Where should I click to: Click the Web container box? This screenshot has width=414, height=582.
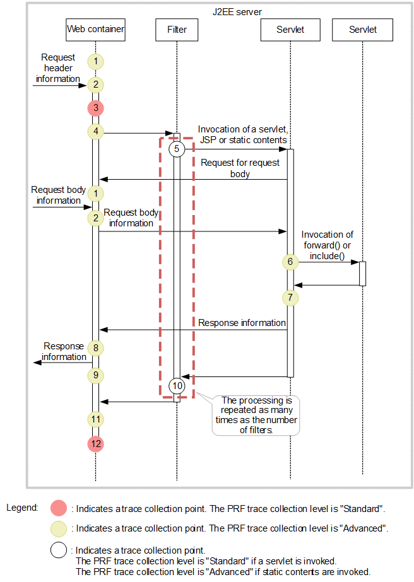coord(95,29)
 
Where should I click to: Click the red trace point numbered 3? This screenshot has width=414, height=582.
coord(95,108)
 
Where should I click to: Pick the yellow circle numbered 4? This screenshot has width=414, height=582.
coord(95,132)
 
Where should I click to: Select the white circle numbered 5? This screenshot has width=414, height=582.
coord(177,149)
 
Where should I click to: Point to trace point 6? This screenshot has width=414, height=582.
coord(290,262)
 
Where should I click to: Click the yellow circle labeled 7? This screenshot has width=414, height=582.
coord(290,296)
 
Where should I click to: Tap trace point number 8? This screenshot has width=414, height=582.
coord(95,347)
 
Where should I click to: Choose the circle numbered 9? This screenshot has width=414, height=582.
coord(95,375)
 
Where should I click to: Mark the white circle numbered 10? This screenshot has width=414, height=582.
coord(177,385)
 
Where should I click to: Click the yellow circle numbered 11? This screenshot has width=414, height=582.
coord(95,419)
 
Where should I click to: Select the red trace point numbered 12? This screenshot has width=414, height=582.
coord(95,444)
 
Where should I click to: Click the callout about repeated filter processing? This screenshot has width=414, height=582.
coord(256,415)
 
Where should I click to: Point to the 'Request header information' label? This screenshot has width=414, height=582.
coord(58,68)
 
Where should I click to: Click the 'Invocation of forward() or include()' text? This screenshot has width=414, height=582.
coord(328,245)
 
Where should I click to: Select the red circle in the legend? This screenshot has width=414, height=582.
coord(59,508)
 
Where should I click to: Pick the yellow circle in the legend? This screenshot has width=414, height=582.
coord(59,529)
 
